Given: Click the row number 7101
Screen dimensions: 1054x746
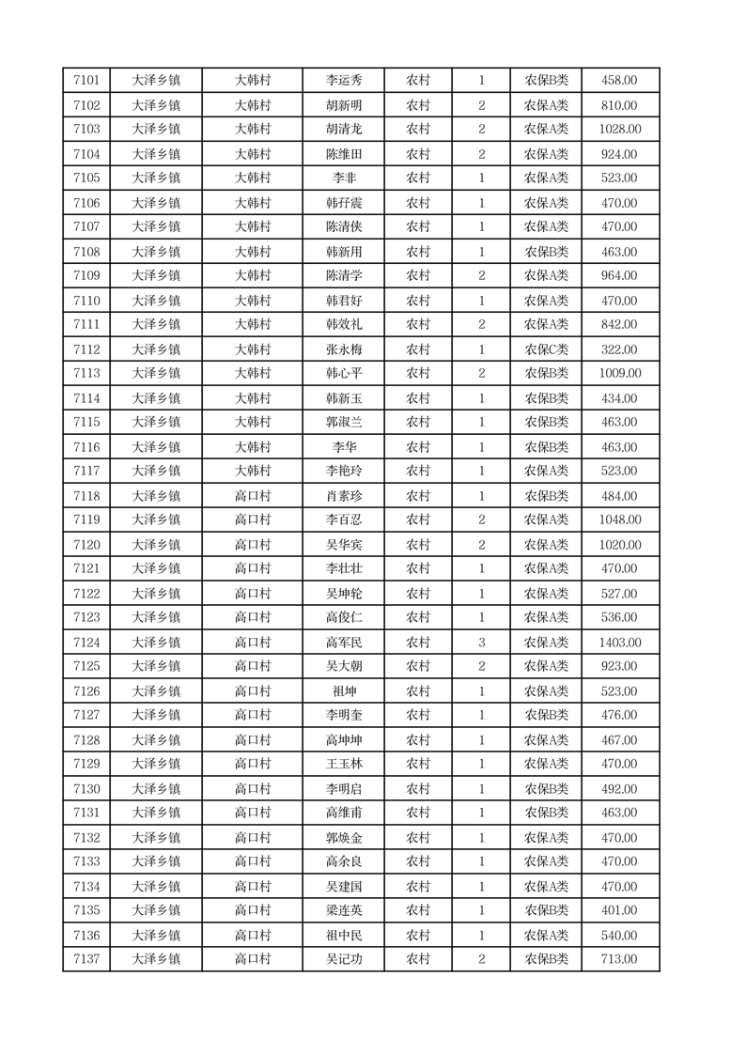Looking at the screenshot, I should pos(86,81).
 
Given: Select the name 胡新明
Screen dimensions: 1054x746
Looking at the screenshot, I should pos(343,105).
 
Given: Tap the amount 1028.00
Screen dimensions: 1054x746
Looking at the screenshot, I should pos(620,129).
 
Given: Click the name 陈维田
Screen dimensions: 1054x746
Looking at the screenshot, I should pos(343,154).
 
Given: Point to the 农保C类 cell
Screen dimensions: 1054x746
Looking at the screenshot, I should pos(546,349).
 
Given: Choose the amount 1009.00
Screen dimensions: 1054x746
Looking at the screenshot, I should pos(620,373).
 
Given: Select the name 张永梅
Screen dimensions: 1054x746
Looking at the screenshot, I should pos(343,349).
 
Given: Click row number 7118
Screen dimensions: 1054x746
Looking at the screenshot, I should pos(86,496).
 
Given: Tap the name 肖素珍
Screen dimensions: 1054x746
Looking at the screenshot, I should pos(343,496).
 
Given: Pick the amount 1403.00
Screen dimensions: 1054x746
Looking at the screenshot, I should pos(620,643).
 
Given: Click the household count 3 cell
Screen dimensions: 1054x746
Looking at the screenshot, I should pos(481,643).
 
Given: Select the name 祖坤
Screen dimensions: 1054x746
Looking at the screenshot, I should pos(343,691).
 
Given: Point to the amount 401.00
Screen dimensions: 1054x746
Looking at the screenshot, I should pos(620,910).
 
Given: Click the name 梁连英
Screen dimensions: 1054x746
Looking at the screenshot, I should pos(343,910).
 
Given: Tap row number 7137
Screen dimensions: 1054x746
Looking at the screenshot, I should pos(86,959).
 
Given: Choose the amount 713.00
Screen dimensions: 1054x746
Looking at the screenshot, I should pos(620,959).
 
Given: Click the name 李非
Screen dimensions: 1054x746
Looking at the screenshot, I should pos(343,178).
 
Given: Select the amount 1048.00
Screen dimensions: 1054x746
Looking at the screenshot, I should pos(620,519).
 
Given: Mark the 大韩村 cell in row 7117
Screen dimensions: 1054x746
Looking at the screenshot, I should pos(252,471).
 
